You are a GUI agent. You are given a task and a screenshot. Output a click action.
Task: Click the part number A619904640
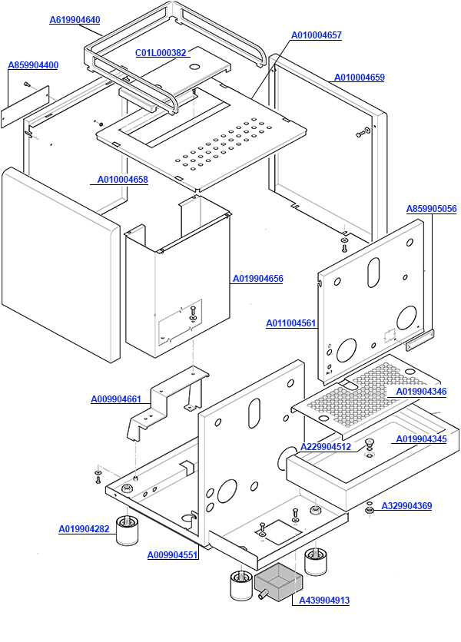75,20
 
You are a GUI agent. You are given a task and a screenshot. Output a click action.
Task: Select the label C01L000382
161,53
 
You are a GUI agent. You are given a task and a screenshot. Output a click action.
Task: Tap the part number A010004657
317,35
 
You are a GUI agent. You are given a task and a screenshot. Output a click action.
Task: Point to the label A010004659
360,78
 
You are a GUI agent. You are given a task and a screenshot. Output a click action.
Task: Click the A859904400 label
33,65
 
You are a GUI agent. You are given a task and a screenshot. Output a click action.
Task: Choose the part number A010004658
123,180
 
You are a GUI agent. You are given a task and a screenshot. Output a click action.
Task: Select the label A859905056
432,209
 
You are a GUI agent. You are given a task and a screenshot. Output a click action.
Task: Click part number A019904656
258,279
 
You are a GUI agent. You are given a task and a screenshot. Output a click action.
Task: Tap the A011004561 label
291,323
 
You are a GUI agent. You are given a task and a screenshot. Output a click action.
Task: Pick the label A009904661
116,399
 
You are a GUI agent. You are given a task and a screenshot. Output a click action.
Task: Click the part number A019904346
421,392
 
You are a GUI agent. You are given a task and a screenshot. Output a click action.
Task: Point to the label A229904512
326,447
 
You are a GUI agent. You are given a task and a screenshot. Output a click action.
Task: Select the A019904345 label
421,439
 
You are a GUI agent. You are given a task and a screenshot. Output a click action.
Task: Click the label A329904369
406,506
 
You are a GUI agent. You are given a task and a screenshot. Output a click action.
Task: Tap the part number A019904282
84,528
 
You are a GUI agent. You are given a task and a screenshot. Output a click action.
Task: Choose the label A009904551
172,554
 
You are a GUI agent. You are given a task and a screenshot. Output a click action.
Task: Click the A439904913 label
323,601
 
